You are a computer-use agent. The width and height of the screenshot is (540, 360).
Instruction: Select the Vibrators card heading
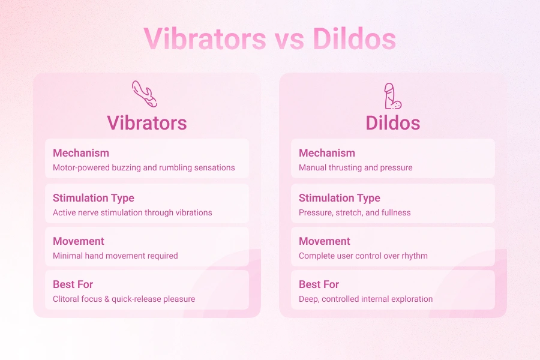click(x=147, y=123)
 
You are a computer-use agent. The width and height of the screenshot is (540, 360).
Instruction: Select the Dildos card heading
click(x=393, y=123)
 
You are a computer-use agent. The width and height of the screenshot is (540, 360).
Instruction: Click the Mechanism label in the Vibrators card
click(x=81, y=153)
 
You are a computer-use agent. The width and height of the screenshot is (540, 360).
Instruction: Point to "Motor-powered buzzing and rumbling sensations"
click(x=144, y=168)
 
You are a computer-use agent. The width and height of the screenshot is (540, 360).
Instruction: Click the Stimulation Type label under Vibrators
click(x=94, y=198)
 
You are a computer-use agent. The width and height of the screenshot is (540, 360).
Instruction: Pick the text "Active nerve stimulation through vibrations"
click(x=133, y=212)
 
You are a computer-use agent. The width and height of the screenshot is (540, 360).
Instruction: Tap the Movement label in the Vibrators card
click(x=79, y=241)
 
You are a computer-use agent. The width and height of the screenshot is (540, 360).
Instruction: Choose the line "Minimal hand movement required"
click(x=115, y=256)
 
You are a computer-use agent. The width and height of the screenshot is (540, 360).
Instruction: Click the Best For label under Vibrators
click(x=73, y=284)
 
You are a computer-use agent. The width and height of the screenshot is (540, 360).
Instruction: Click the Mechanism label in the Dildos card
click(x=327, y=153)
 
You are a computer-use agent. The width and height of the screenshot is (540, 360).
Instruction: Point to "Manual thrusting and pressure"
click(x=356, y=168)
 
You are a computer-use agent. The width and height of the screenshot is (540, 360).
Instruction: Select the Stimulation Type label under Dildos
click(x=340, y=198)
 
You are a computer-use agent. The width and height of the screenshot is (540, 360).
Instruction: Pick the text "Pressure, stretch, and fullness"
click(x=355, y=212)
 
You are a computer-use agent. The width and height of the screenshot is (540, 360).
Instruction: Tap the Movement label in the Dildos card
click(x=325, y=241)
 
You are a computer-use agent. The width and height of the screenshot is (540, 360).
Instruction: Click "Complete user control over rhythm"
click(x=364, y=256)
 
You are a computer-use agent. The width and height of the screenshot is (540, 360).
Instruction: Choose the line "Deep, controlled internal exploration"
click(x=366, y=299)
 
